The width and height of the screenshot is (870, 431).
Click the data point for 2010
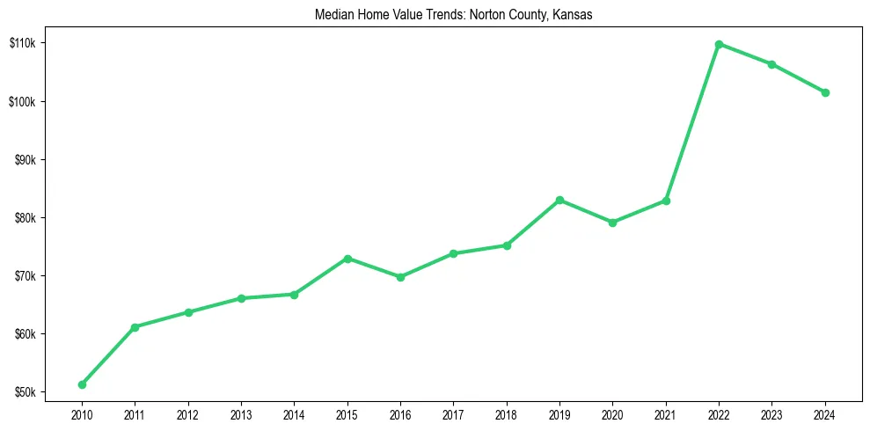82,384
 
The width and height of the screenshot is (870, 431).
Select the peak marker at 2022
719,44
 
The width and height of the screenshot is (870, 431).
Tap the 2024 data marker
825,92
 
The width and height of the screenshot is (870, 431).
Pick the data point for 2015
347,259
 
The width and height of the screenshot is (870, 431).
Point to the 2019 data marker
559,201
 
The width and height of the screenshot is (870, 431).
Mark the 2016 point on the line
400,277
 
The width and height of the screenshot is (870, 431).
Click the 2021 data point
666,201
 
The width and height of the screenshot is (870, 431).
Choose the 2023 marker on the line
771,64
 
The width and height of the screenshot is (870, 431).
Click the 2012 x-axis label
187,413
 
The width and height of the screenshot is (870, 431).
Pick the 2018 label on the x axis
507,413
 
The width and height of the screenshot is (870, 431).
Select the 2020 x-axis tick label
612,413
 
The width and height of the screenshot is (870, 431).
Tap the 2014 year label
294,413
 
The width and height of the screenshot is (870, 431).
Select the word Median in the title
333,15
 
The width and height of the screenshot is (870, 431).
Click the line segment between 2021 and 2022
692,122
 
